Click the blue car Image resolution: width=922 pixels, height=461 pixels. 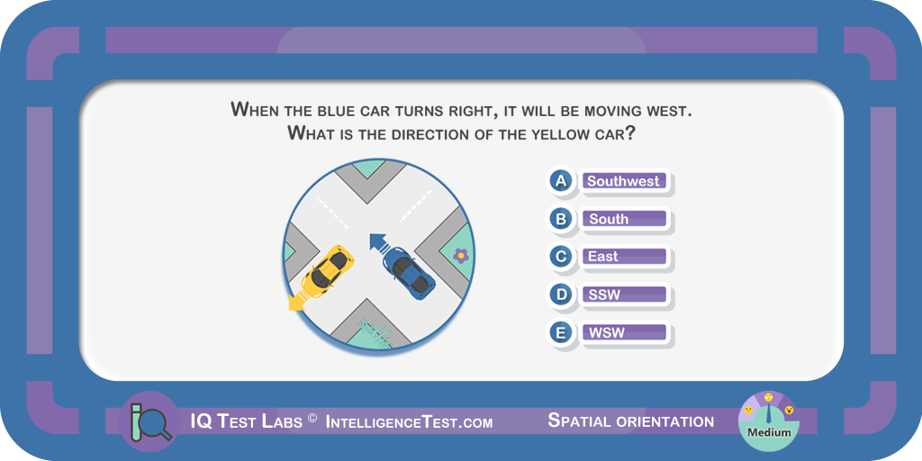[x=409, y=272]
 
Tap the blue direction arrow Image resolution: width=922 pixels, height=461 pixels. [x=378, y=241]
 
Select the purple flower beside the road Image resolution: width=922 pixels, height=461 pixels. [x=462, y=255]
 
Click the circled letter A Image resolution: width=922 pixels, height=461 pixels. [x=561, y=180]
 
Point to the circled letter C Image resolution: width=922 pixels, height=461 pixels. [x=561, y=257]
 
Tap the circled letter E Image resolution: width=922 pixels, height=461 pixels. [x=561, y=333]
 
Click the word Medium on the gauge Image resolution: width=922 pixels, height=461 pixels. [x=769, y=433]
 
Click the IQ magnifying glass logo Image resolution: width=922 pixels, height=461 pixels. [x=149, y=421]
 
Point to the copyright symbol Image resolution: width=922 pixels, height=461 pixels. [x=312, y=418]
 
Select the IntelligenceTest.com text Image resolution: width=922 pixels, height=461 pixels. [x=409, y=421]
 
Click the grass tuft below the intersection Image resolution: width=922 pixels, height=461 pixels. [x=375, y=332]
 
